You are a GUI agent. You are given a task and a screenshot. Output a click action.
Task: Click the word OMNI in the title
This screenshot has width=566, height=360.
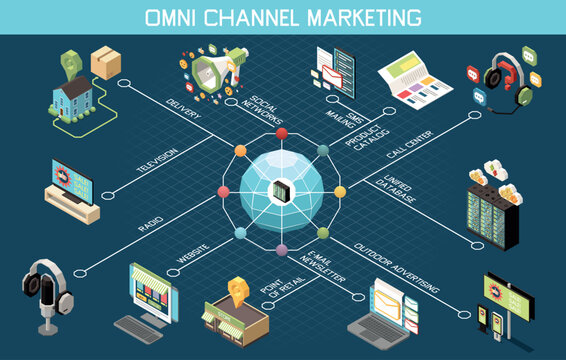(171, 17)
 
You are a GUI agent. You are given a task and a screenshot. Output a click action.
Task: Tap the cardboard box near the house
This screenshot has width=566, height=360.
(105, 63)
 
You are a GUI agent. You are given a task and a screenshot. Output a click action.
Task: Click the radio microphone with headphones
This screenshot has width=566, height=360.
(43, 295)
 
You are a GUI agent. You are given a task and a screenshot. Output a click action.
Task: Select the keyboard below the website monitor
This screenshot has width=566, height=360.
(137, 327)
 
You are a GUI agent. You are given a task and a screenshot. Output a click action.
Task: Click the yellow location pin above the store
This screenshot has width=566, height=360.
(238, 288)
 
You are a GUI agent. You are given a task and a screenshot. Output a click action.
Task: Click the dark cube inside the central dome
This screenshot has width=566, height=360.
(282, 188)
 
